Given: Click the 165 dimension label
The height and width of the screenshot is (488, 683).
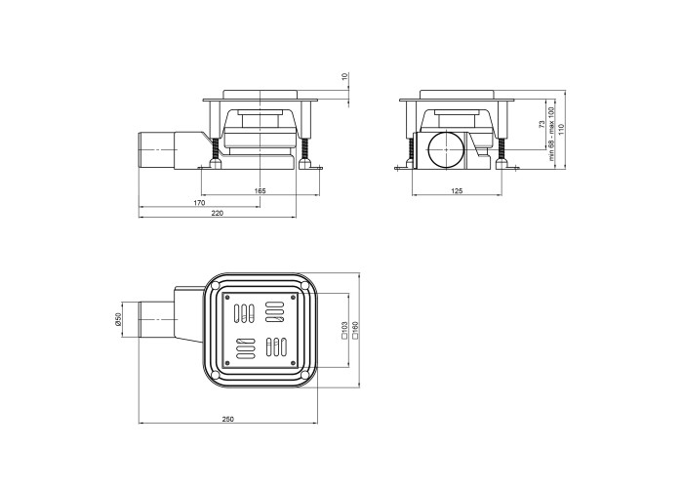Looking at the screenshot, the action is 260,191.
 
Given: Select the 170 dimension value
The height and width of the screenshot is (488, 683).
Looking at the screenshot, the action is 199,203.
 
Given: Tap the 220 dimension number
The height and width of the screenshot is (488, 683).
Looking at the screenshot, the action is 217,213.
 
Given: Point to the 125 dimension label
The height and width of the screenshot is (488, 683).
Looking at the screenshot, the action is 457,191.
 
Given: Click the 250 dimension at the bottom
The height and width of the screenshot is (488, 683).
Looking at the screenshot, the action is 227,419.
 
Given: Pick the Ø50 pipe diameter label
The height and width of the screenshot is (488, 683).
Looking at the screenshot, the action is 117,320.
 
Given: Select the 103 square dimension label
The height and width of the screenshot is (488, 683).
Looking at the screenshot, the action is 344,330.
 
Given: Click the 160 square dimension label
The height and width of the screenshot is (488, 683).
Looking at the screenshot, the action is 355,330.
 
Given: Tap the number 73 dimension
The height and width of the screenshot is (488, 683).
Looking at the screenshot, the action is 542,124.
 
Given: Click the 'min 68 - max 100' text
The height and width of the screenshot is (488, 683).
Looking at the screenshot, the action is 552,135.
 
